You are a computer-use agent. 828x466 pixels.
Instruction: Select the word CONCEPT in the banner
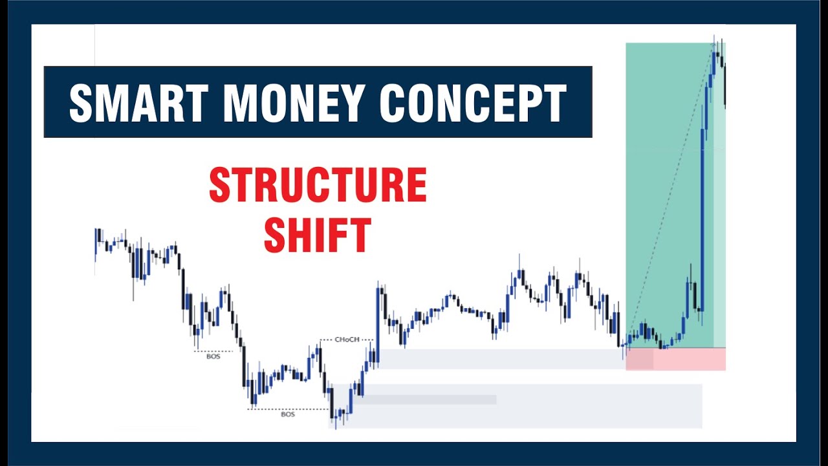coord(473,102)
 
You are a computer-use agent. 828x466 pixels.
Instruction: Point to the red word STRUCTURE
coord(318,186)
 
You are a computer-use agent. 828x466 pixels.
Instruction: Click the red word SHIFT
coord(318,235)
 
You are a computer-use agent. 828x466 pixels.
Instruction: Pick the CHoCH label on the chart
coord(347,339)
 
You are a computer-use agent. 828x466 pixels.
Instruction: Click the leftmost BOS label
coord(213,356)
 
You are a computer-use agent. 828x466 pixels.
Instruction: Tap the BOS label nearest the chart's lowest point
coord(288,414)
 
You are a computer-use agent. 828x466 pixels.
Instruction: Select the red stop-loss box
coord(676,359)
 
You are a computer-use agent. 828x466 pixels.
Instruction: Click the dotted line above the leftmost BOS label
coord(213,351)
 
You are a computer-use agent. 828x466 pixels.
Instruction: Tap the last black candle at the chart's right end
coord(725,87)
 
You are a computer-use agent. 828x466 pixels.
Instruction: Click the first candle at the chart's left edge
coord(96,243)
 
